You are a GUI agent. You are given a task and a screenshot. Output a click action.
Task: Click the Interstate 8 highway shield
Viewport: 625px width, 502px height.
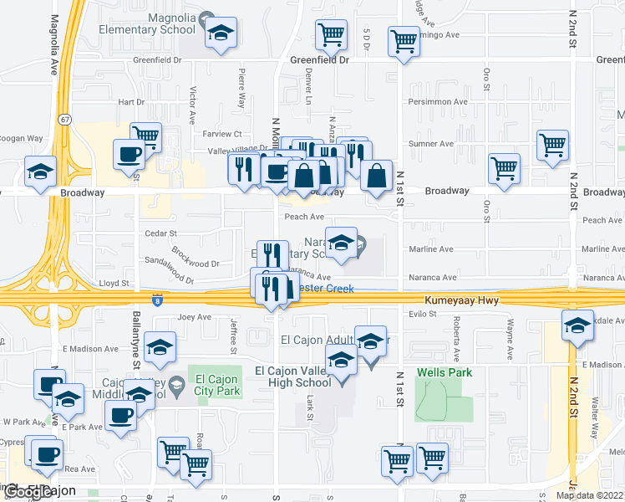coord(157,300)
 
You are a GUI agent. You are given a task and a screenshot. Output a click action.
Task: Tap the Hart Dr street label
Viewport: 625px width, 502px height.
coord(131,102)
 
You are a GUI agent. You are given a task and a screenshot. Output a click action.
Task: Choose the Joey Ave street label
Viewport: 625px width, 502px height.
coord(195,318)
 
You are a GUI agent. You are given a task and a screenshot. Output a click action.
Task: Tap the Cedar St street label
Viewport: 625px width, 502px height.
coord(161,233)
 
